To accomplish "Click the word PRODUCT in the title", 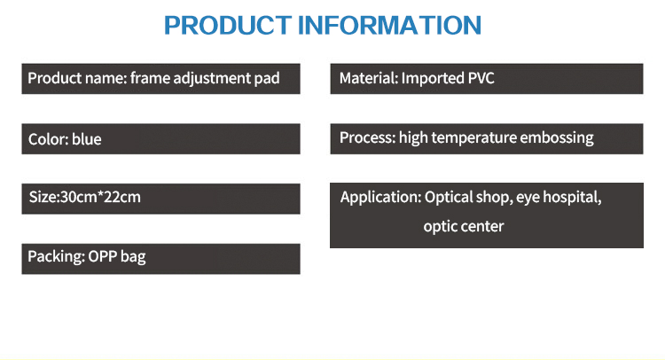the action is click(x=228, y=25).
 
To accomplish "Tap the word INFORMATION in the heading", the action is click(x=390, y=25).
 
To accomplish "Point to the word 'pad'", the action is click(x=267, y=79).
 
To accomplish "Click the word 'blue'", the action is click(x=87, y=139).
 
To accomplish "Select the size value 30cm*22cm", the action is click(x=100, y=197).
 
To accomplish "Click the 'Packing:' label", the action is click(x=57, y=257).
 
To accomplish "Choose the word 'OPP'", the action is click(x=103, y=256).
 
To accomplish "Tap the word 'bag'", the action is click(x=133, y=257).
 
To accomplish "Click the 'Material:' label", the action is click(x=369, y=78).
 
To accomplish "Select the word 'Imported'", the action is click(x=433, y=79).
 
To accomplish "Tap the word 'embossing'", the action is click(x=557, y=138).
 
